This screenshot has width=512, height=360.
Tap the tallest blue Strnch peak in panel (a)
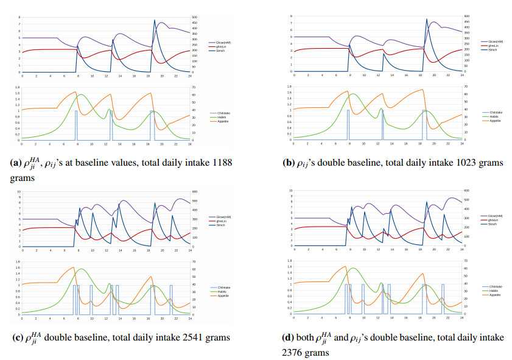[x=154, y=20]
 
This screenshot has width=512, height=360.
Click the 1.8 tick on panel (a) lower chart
[x=15, y=87]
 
